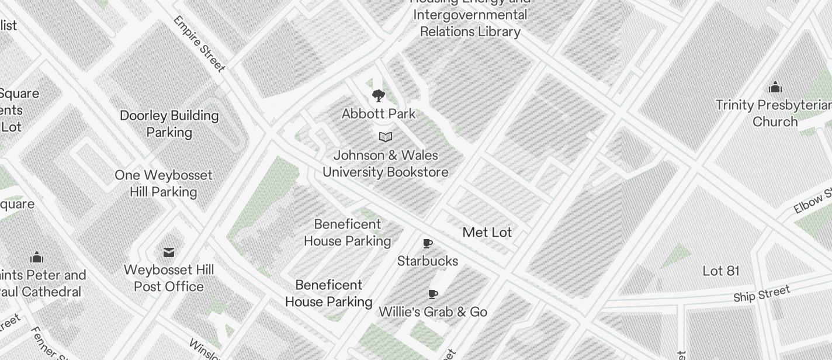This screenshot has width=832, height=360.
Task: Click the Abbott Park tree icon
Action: pyautogui.click(x=379, y=96)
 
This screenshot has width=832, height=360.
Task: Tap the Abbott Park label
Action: pyautogui.click(x=379, y=114)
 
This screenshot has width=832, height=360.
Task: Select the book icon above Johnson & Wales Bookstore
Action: pyautogui.click(x=385, y=137)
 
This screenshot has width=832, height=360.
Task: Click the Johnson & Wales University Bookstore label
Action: pyautogui.click(x=386, y=164)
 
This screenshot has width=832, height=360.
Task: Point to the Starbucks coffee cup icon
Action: pyautogui.click(x=428, y=243)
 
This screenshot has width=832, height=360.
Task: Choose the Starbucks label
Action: pyautogui.click(x=428, y=261)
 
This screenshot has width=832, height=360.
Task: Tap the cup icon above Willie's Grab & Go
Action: pyautogui.click(x=433, y=294)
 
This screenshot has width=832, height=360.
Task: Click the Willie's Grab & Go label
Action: pyautogui.click(x=433, y=312)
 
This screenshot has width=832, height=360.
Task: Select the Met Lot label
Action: pyautogui.click(x=487, y=233)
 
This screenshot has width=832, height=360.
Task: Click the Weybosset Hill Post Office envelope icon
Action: pyautogui.click(x=169, y=252)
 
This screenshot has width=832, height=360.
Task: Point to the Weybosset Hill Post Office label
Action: pyautogui.click(x=169, y=278)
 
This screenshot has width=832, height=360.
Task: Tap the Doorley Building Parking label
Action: pyautogui.click(x=169, y=124)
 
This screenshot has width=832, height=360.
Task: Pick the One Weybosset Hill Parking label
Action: pyautogui.click(x=164, y=184)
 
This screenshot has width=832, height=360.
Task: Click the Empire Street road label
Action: pyautogui.click(x=199, y=44)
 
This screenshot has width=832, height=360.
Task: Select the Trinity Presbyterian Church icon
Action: pyautogui.click(x=775, y=87)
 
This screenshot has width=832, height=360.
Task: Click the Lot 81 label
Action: pyautogui.click(x=721, y=271)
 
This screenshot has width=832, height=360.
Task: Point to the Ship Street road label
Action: pyautogui.click(x=762, y=294)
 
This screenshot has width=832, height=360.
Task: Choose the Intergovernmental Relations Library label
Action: pyautogui.click(x=470, y=23)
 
